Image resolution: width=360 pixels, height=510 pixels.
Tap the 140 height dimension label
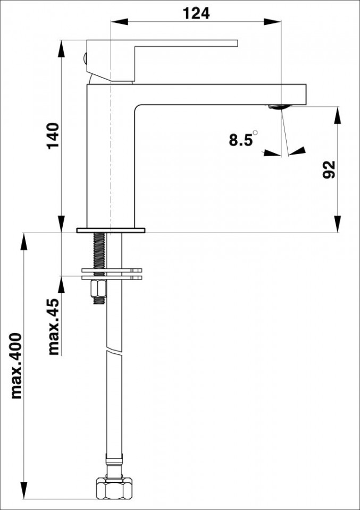click(x=54, y=135)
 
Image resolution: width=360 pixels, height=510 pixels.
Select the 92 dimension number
click(x=329, y=169)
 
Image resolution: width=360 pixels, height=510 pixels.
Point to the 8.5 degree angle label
click(x=243, y=139)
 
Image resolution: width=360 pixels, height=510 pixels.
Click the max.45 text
click(x=54, y=326)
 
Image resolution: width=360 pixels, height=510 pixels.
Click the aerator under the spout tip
click(x=279, y=107)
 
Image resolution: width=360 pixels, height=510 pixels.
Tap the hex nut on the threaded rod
click(x=99, y=289)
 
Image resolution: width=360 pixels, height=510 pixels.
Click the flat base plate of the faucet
click(x=111, y=230)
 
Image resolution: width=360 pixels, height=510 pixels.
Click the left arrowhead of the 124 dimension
click(x=119, y=22)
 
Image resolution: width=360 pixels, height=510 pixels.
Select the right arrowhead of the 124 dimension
click(x=272, y=22)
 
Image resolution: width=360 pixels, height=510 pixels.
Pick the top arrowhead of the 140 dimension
click(x=61, y=48)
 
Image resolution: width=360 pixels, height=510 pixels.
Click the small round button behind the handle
click(x=85, y=58)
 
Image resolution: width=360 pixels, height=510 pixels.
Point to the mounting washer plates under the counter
click(x=112, y=274)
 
